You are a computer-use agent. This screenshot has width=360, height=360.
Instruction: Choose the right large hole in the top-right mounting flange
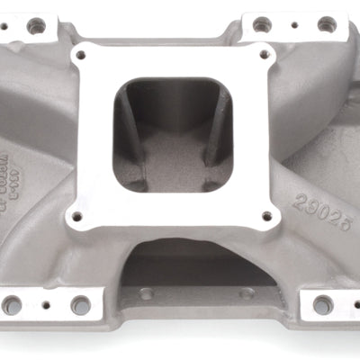[x=326, y=24]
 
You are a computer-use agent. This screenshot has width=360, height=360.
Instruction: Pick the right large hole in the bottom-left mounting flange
[x=81, y=305]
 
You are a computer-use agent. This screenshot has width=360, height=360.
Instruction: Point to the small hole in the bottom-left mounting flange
[x=47, y=298]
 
